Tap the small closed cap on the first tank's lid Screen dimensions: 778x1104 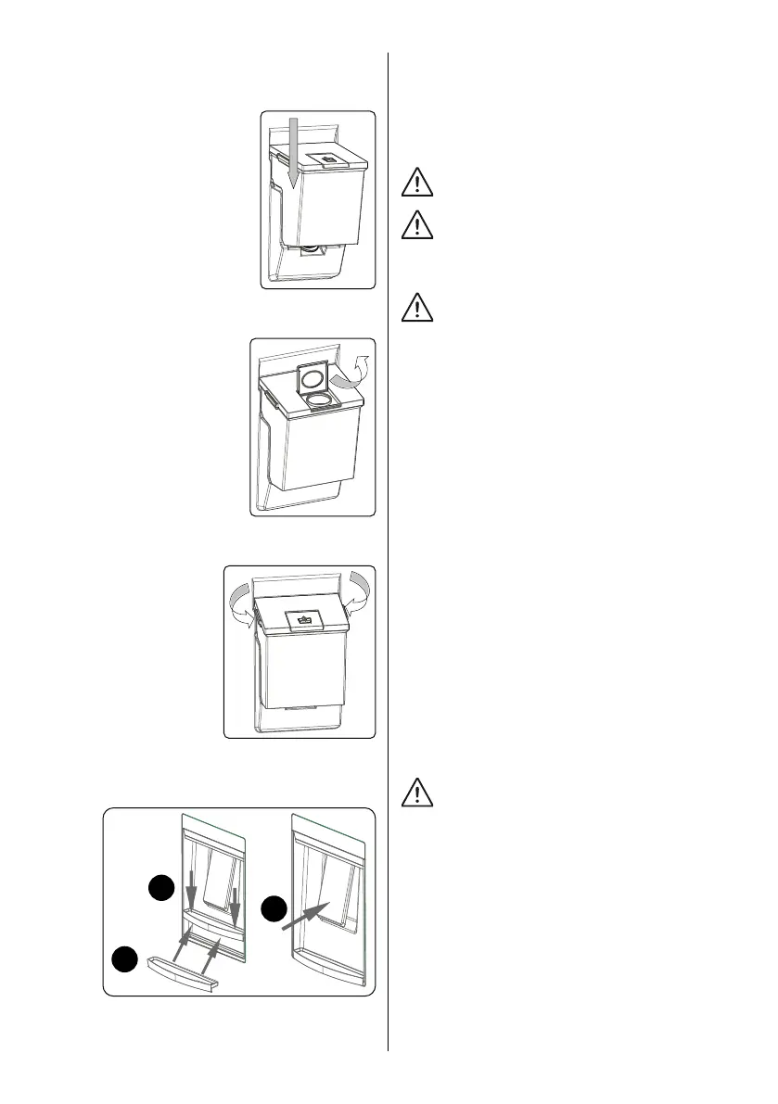point(328,159)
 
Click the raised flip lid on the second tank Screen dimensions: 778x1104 point(313,378)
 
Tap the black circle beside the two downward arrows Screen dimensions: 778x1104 point(163,890)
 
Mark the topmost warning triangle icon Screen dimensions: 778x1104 point(418,183)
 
